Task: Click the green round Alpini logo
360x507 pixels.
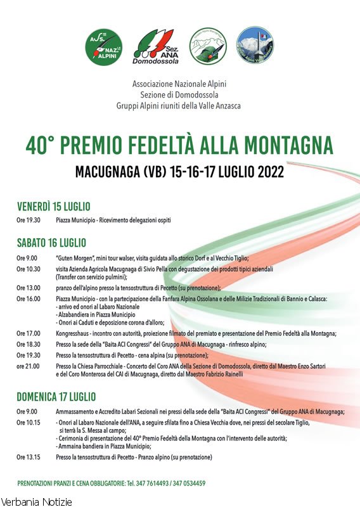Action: tap(104, 47)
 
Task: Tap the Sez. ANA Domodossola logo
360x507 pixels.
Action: tap(156, 47)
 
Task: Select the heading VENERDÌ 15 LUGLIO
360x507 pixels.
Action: tap(54, 207)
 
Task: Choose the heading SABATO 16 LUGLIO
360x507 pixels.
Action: tap(51, 243)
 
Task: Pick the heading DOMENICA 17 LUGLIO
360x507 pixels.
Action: tap(56, 397)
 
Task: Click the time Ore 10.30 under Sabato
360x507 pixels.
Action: tap(29, 269)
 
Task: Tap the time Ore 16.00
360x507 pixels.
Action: tap(29, 298)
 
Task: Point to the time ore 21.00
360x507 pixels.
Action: tap(29, 366)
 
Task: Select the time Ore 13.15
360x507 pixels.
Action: tap(29, 456)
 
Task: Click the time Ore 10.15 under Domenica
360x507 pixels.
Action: tap(29, 422)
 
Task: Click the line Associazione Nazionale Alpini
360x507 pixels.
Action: tap(179, 84)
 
